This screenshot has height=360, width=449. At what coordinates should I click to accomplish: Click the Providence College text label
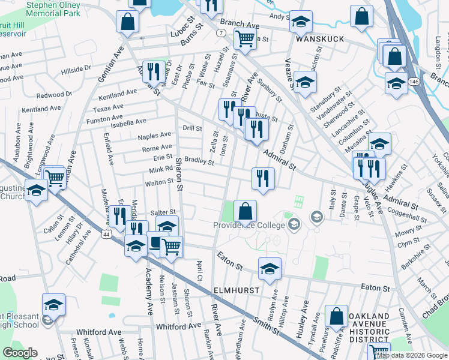click(250, 225)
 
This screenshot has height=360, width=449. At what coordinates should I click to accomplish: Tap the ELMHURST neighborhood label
click(237, 290)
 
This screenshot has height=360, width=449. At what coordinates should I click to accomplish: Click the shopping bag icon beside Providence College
click(245, 211)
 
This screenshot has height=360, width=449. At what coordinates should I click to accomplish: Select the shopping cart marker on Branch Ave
click(246, 38)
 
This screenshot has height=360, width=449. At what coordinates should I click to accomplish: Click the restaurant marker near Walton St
click(263, 178)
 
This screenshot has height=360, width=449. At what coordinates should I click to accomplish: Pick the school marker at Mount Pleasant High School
click(53, 305)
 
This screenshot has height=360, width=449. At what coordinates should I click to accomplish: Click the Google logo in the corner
click(20, 353)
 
